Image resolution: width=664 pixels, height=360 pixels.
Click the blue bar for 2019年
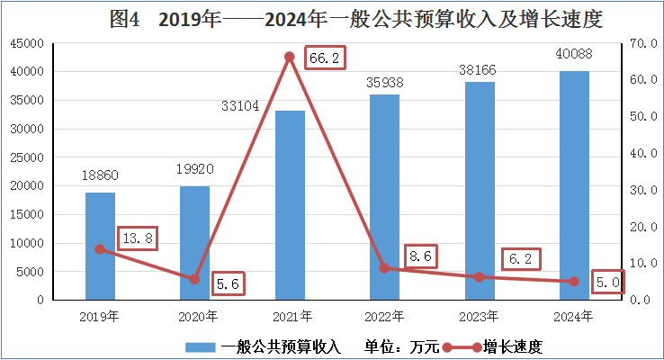coord(100,246)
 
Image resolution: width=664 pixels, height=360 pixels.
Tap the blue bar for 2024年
coord(574,184)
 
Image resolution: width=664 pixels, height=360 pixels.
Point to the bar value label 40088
coord(575,55)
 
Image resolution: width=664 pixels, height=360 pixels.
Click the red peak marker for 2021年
coord(290,57)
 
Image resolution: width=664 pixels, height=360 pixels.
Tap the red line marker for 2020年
coord(194,279)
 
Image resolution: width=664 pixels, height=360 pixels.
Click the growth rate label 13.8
coord(138,238)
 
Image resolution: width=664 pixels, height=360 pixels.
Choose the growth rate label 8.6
coord(420,256)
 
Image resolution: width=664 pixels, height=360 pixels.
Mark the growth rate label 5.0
coord(607,283)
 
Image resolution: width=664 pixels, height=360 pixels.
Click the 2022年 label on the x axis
coord(384,316)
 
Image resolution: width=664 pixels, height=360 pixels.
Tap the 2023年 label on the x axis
coord(479,316)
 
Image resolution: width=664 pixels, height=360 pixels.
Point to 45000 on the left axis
coord(29,43)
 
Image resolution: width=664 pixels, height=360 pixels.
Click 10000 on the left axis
coord(29,243)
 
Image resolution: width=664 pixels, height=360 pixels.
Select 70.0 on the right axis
coord(640,43)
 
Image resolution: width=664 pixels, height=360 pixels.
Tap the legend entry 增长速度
coord(513,346)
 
